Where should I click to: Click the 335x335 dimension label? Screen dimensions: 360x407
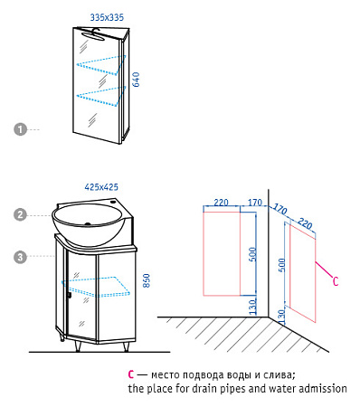[107, 17]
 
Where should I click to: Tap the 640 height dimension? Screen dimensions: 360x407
[137, 80]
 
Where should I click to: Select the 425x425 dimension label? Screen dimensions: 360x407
[101, 187]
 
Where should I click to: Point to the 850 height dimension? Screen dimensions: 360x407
[147, 280]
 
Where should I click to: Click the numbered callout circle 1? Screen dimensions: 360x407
[20, 129]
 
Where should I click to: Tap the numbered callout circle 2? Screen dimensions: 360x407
[20, 214]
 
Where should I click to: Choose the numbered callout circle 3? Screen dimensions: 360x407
[20, 257]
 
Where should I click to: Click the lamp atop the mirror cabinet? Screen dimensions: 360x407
[93, 35]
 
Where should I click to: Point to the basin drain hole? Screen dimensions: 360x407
[88, 224]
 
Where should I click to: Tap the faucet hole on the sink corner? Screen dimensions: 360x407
[114, 202]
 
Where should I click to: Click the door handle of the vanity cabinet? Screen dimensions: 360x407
[69, 295]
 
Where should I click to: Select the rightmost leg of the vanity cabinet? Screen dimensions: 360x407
[126, 347]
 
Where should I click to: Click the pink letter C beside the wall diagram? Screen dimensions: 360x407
[336, 281]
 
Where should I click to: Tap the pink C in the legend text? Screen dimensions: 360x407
[130, 374]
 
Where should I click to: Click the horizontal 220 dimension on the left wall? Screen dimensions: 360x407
[221, 203]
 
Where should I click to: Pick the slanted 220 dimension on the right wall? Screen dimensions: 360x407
[305, 223]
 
